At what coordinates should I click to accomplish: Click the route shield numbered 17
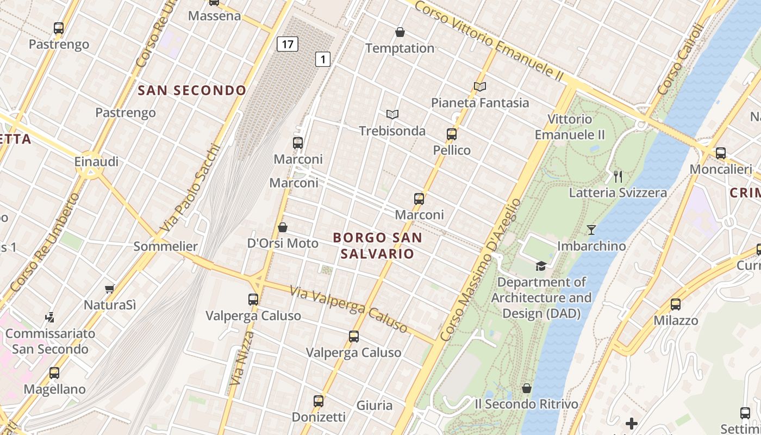pyautogui.click(x=287, y=43)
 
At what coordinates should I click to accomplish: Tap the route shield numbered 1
pyautogui.click(x=323, y=59)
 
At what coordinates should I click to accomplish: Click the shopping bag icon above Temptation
pyautogui.click(x=400, y=32)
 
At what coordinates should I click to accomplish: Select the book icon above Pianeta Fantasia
pyautogui.click(x=479, y=86)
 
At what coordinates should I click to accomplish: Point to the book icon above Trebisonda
pyautogui.click(x=392, y=114)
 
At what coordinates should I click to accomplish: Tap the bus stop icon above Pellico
pyautogui.click(x=451, y=134)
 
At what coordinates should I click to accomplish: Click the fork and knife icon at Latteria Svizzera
pyautogui.click(x=617, y=176)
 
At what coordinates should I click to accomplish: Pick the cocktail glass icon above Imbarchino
pyautogui.click(x=591, y=230)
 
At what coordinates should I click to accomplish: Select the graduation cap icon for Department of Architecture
pyautogui.click(x=541, y=266)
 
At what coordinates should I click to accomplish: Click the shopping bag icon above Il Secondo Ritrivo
pyautogui.click(x=526, y=388)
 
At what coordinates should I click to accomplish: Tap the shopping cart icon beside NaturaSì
pyautogui.click(x=110, y=289)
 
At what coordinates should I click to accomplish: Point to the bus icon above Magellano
pyautogui.click(x=54, y=373)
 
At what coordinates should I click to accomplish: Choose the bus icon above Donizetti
pyautogui.click(x=319, y=401)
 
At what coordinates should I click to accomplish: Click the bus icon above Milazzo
pyautogui.click(x=675, y=304)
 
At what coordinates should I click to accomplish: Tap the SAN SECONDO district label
pyautogui.click(x=192, y=90)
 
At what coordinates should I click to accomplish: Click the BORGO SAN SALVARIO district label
pyautogui.click(x=377, y=245)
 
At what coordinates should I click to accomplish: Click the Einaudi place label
pyautogui.click(x=96, y=161)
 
